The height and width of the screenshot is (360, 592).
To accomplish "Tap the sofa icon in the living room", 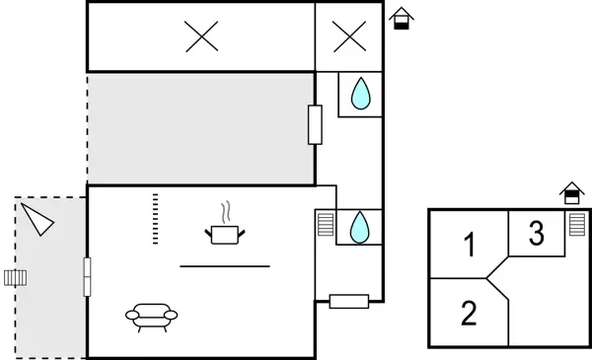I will pos(152,316).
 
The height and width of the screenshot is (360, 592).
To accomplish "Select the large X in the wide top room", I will pos(202,37).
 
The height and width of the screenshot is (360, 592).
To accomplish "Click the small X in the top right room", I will pos(348,37).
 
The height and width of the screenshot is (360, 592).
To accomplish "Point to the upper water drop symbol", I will pos(360,95).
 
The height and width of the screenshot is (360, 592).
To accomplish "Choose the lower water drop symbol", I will pos(360,228).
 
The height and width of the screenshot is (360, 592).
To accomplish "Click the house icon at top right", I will pos(400,19).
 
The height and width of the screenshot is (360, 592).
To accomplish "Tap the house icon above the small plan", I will pos(570,192).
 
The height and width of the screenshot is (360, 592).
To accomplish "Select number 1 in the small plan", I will pos(471,244).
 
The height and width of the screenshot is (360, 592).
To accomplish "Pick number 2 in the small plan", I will pos(470,314).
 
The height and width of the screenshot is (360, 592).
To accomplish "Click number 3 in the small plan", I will pos(536,235).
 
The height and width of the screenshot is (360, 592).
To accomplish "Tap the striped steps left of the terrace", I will pos(13,276).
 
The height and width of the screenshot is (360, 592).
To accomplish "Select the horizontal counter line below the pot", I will pos(225,266).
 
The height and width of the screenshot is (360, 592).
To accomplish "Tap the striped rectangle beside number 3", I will pos(576,226).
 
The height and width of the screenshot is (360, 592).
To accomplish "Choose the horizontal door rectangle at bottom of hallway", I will pos(348,301).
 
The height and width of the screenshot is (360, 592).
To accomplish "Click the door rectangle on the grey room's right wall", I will pos(316,125).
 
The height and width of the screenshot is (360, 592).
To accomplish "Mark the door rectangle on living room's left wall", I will pos(88,276).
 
